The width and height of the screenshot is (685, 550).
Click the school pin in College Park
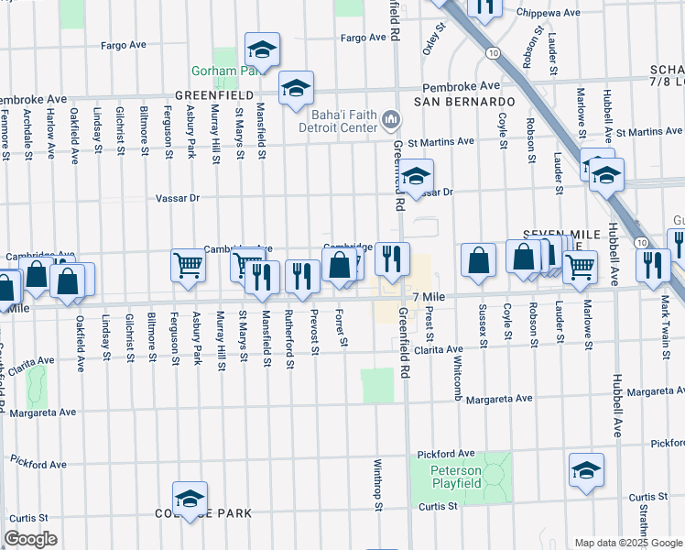pos(190,500)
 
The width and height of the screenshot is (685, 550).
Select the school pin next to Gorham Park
pos(263,50)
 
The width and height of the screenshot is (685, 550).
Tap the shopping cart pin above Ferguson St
pos(188,265)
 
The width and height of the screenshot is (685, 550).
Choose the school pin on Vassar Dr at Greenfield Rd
pos(417,176)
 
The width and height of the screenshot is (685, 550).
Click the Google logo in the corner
pos(31,539)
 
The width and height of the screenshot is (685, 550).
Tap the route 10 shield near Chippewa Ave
pos(494,54)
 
